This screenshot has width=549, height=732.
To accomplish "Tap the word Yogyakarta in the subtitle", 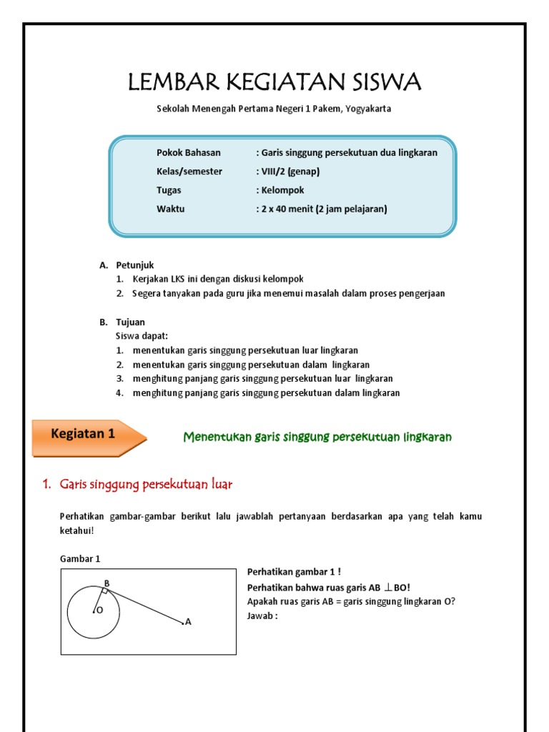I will [x=368, y=109].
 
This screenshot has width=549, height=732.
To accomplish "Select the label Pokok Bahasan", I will [x=189, y=152].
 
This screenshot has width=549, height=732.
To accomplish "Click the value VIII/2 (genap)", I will [x=288, y=172].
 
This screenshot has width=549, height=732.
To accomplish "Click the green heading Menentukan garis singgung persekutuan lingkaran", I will [x=317, y=437].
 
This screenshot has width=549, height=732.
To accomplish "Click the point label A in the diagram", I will [x=188, y=622].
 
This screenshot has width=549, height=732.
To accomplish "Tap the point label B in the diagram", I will [x=107, y=583].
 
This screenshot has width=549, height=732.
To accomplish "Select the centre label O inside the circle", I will [x=99, y=610].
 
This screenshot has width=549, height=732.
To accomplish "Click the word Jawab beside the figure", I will [x=261, y=615].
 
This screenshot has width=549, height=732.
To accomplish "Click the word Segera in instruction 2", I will [x=147, y=294].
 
